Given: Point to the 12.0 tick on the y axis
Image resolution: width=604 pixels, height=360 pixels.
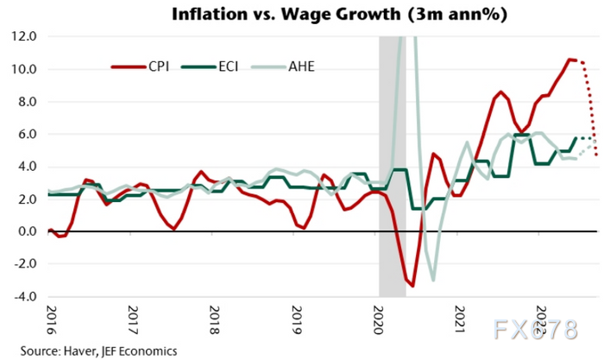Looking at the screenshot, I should coord(23,37).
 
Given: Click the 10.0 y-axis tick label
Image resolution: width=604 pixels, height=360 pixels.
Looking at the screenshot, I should coord(23,69).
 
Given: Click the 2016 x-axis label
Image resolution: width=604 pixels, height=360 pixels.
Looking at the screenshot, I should coord(50,320).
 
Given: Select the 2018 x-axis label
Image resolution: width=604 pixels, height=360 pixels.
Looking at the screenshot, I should coord(214,320).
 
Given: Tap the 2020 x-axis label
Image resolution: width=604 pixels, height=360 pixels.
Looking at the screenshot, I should coord(379,320).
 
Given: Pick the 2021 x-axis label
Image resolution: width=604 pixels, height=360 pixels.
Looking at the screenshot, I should coord(461,320).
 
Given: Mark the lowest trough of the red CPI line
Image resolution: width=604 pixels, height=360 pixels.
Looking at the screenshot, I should coord(413,286).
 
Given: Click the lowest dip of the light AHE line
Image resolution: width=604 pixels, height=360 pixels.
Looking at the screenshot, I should coord(433,280).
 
